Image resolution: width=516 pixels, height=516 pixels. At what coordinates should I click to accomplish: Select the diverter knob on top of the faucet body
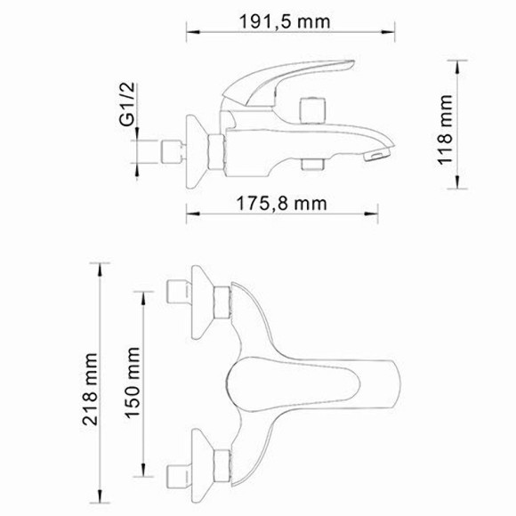pyautogui.click(x=313, y=108)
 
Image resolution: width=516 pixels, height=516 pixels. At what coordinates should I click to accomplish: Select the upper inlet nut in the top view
pyautogui.click(x=181, y=293)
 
